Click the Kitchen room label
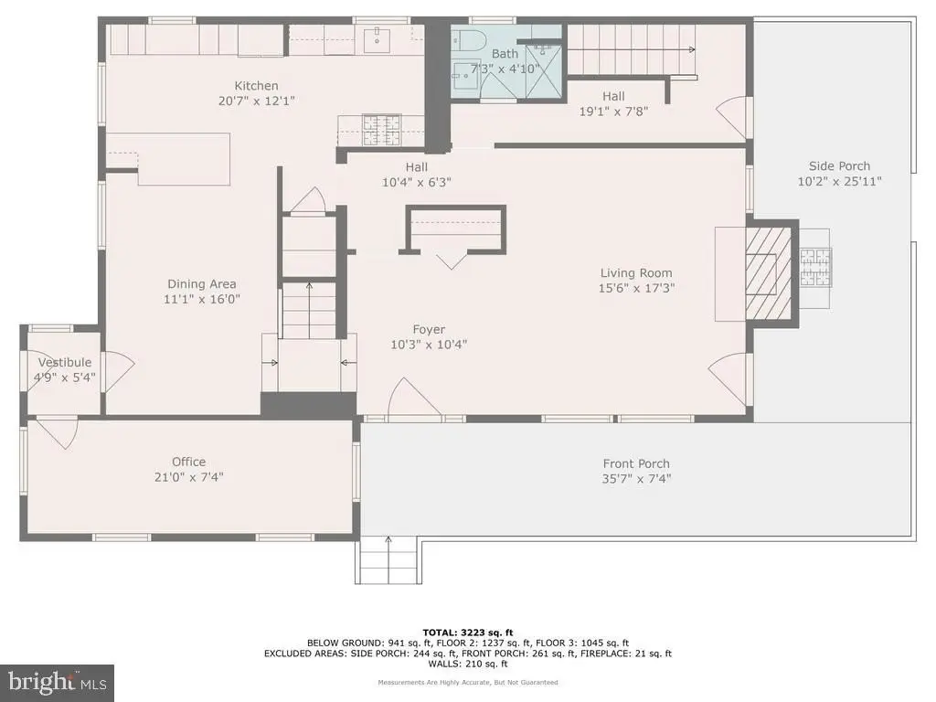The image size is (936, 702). [x=256, y=86]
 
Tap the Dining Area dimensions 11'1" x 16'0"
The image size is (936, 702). [x=202, y=299]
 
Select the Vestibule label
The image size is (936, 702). [x=65, y=362]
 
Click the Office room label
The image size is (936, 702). [x=188, y=462]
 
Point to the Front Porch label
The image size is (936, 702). [x=636, y=463]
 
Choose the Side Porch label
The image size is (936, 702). [x=839, y=166]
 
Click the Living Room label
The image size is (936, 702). [x=636, y=272]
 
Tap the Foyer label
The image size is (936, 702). [x=429, y=329]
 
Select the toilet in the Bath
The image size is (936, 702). [x=467, y=40]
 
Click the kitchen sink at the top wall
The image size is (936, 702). [x=378, y=38]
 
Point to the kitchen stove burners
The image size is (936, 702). [x=381, y=130]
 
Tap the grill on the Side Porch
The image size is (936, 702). [x=814, y=268]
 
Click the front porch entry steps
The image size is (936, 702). [x=388, y=560]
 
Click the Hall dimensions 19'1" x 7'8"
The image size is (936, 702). [x=613, y=111]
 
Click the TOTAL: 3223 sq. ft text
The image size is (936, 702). [x=467, y=633]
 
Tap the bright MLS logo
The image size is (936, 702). [x=58, y=683]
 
